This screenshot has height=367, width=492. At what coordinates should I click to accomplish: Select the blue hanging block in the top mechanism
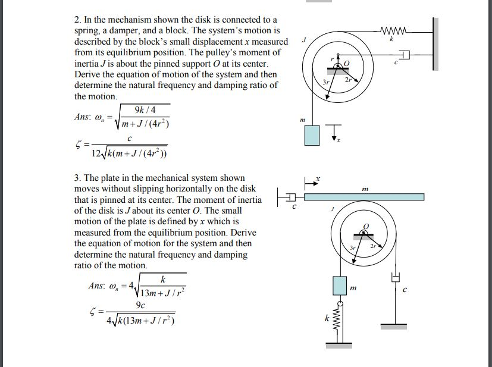[x=312, y=135]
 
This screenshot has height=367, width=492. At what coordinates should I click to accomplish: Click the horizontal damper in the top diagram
[x=405, y=55]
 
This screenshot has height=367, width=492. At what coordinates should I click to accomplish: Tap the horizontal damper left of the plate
[x=288, y=196]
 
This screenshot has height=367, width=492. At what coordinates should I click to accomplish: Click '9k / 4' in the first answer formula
[x=146, y=111]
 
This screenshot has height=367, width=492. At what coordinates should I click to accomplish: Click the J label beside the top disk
[x=303, y=40]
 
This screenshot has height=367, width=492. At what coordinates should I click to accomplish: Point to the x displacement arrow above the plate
[x=311, y=181]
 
